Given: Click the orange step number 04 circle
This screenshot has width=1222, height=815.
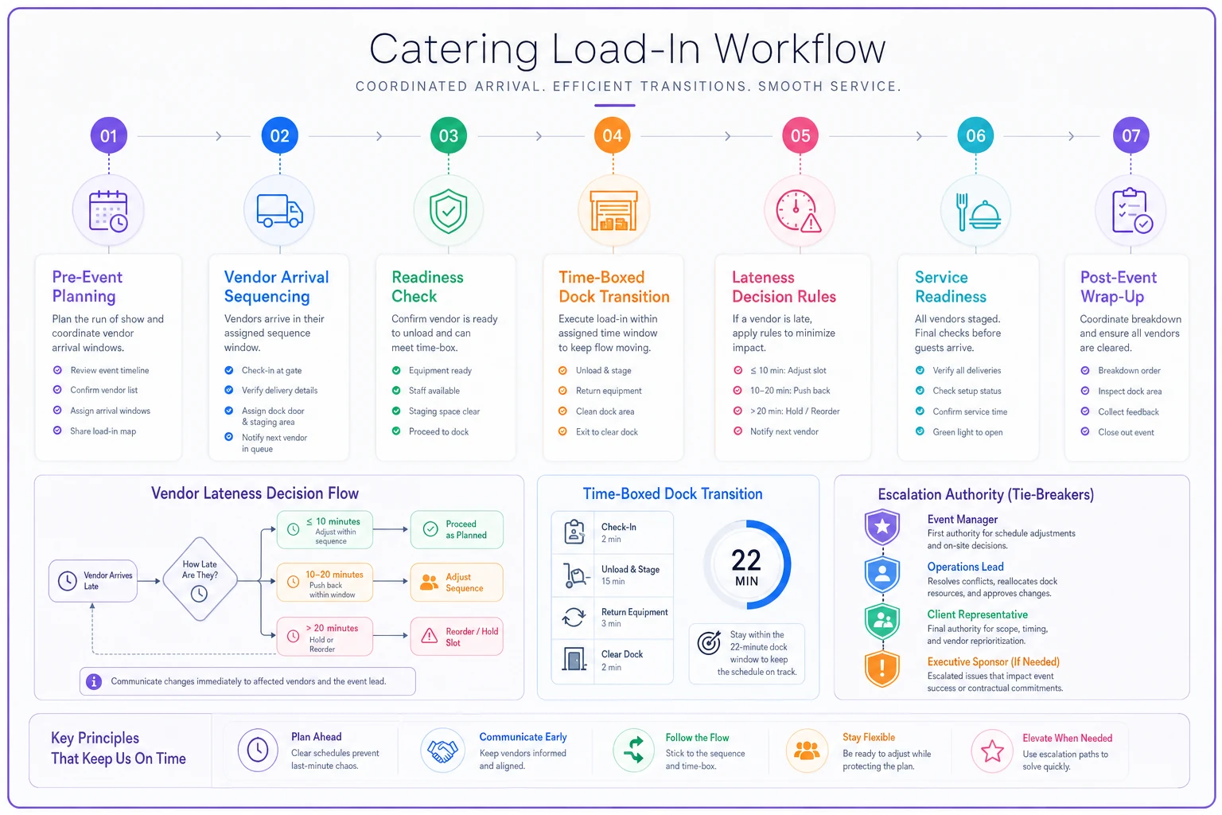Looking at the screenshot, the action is pyautogui.click(x=612, y=135).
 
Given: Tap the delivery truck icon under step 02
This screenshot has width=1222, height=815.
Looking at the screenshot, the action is pyautogui.click(x=280, y=211).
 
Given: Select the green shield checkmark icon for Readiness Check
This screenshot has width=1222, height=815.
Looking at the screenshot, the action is pyautogui.click(x=449, y=211).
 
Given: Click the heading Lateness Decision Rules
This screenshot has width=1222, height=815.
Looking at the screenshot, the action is pyautogui.click(x=784, y=287).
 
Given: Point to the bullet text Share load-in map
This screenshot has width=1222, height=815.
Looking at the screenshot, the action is pyautogui.click(x=103, y=431).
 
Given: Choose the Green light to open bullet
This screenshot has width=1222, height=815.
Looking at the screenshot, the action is pyautogui.click(x=967, y=432).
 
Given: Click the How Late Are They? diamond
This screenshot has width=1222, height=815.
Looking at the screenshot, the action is pyautogui.click(x=200, y=579).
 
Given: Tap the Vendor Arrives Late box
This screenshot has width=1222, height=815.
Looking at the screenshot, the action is pyautogui.click(x=93, y=581).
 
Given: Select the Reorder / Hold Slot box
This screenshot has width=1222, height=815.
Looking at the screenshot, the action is pyautogui.click(x=457, y=637).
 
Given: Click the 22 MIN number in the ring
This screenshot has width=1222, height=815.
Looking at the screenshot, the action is pyautogui.click(x=746, y=566).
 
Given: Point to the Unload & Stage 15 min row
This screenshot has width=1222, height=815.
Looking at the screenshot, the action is pyautogui.click(x=612, y=575).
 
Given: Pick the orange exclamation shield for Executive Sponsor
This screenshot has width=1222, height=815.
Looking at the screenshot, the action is pyautogui.click(x=882, y=669).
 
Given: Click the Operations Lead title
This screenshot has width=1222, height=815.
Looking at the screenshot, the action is pyautogui.click(x=965, y=567).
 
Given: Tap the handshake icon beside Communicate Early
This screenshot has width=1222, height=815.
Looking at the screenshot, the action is pyautogui.click(x=442, y=751).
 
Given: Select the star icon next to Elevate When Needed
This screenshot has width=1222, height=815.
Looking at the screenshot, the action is pyautogui.click(x=992, y=751).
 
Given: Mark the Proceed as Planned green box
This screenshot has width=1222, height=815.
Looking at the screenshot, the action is pyautogui.click(x=457, y=529).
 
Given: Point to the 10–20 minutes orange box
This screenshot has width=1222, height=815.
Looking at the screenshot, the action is pyautogui.click(x=325, y=583).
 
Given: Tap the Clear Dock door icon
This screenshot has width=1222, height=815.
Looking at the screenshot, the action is pyautogui.click(x=574, y=659).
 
